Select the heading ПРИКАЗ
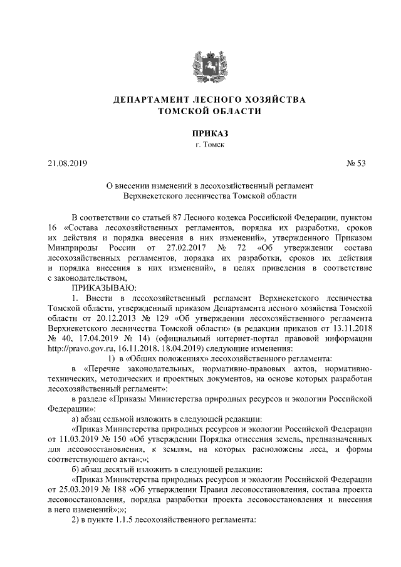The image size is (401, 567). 200,133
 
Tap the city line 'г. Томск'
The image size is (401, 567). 200,145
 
